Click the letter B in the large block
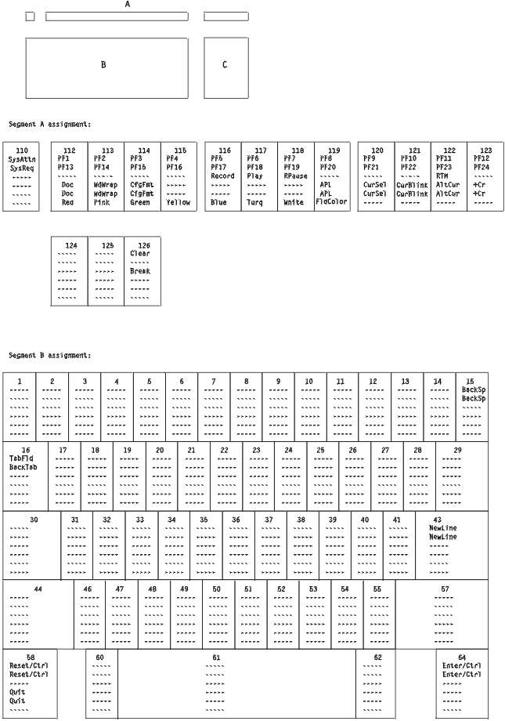[x=103, y=65]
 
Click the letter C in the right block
[x=225, y=65]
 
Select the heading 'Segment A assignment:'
[x=50, y=124]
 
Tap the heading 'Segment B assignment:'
[x=50, y=355]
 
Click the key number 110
[x=22, y=150]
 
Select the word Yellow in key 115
[x=179, y=202]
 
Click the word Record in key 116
[x=222, y=176]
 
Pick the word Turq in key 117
[x=254, y=202]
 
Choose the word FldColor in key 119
[x=333, y=202]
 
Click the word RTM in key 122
[x=443, y=176]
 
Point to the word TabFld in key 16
[x=21, y=458]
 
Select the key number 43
[x=443, y=519]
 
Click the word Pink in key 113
[x=103, y=202]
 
